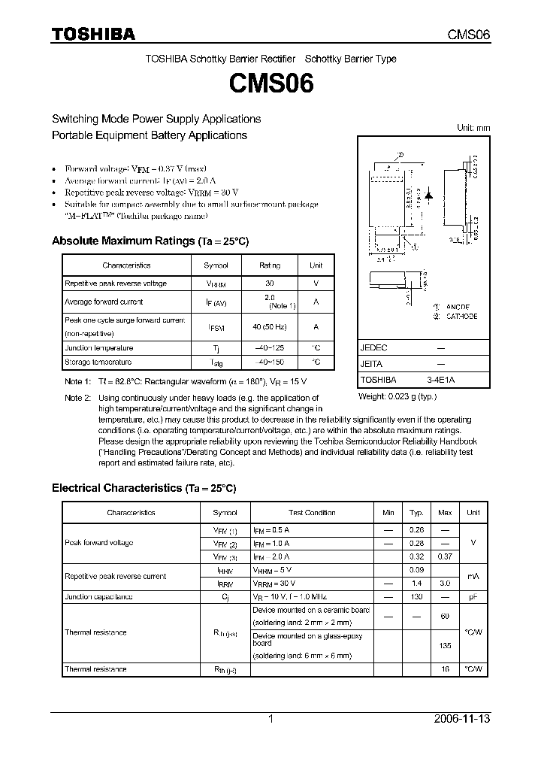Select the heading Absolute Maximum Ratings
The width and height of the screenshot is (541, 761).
tap(123, 241)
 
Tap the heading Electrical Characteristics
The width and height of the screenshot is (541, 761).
tap(116, 488)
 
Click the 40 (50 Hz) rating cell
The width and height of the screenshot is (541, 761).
tap(270, 326)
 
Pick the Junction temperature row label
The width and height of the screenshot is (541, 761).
tap(98, 348)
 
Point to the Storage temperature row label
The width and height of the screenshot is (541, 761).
tap(98, 362)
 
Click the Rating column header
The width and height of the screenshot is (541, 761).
tap(270, 265)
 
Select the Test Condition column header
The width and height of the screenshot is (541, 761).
tap(312, 513)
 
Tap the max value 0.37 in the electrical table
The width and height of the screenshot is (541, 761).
tap(445, 556)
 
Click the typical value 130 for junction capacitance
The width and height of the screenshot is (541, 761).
tap(416, 597)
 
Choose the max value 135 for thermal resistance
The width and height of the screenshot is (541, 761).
tap(445, 644)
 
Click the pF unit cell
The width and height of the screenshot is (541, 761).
tap(473, 597)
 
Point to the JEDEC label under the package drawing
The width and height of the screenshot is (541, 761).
tap(374, 348)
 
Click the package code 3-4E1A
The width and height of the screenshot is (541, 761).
tap(440, 380)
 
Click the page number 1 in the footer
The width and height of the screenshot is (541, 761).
tap(270, 720)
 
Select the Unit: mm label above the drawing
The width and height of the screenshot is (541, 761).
tap(473, 128)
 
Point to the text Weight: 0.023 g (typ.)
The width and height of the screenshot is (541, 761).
tap(397, 396)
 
